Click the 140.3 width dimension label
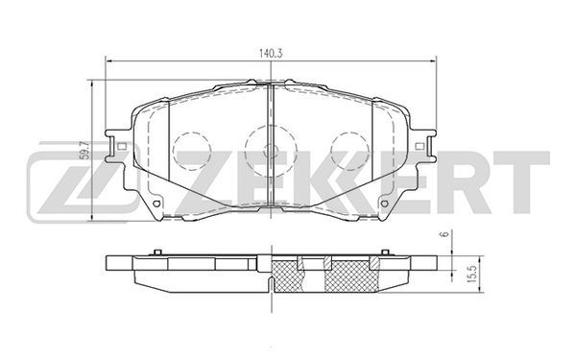click(271, 54)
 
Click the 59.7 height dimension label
click(84, 151)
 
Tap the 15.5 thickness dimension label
click(472, 274)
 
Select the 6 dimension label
click(446, 234)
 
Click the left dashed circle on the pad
click(192, 151)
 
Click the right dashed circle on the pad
click(349, 151)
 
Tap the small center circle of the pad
click(271, 151)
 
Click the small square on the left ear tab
click(122, 146)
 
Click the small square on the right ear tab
click(420, 146)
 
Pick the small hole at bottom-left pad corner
click(156, 204)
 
